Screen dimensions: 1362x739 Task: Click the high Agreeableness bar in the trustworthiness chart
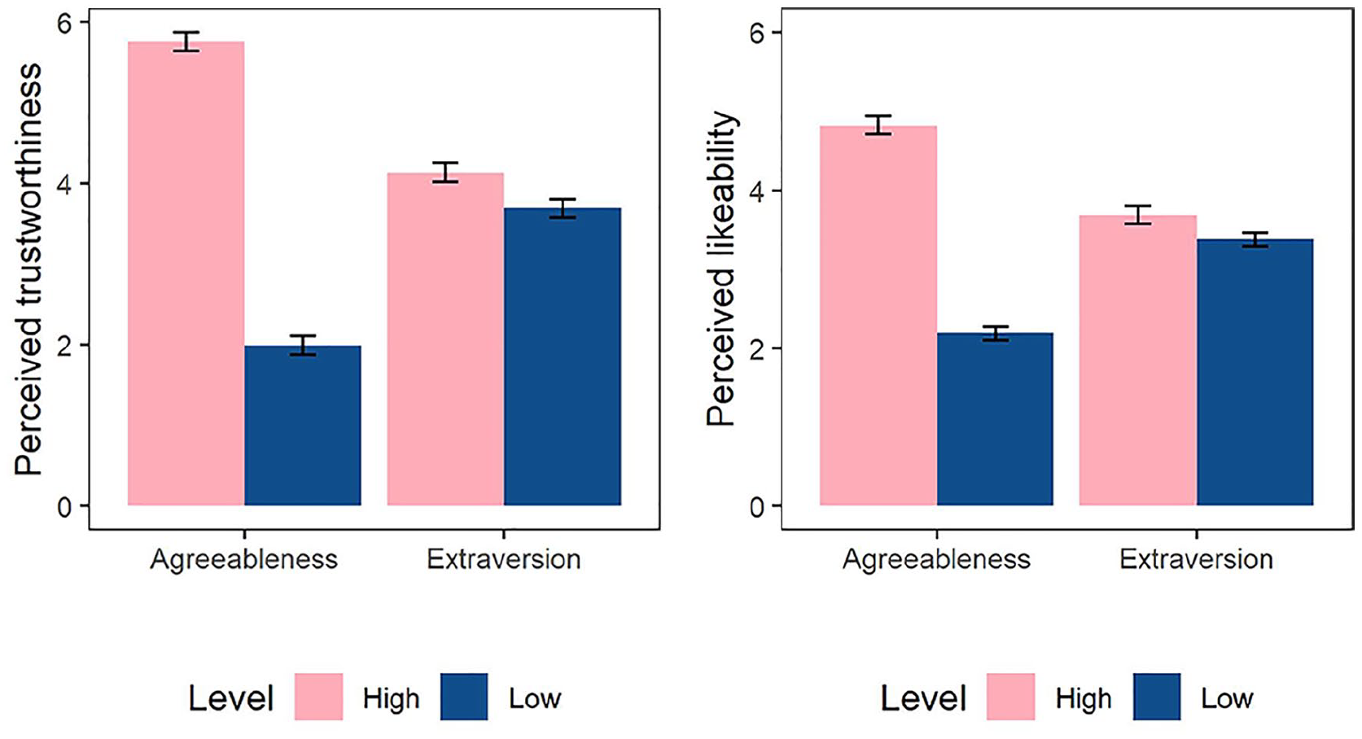point(186,273)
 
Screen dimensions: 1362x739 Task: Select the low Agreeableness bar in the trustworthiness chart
point(303,426)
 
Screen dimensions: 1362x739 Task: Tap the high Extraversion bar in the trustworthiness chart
point(445,339)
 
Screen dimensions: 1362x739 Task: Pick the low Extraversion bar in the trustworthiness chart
point(563,356)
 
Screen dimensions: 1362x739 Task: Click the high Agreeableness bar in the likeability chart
point(878,316)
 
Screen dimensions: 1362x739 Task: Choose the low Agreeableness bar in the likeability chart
point(995,419)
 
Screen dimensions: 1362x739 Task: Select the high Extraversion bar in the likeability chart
point(1137,361)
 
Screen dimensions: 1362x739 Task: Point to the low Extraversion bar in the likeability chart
point(1255,373)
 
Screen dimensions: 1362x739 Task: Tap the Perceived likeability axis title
point(721,269)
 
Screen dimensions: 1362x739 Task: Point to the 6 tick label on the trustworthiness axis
point(65,23)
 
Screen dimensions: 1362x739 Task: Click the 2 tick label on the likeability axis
point(757,349)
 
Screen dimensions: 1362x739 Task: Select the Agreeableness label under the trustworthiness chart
point(243,559)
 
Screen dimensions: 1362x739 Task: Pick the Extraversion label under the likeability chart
point(1196,559)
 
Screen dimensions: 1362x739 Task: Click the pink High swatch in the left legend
point(319,697)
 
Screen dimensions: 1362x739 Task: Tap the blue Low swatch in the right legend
point(1157,697)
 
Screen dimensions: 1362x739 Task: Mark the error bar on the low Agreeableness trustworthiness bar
point(303,345)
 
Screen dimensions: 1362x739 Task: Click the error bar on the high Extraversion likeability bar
point(1137,215)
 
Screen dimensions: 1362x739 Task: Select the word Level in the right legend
point(923,698)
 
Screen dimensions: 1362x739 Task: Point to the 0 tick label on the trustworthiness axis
point(65,506)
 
